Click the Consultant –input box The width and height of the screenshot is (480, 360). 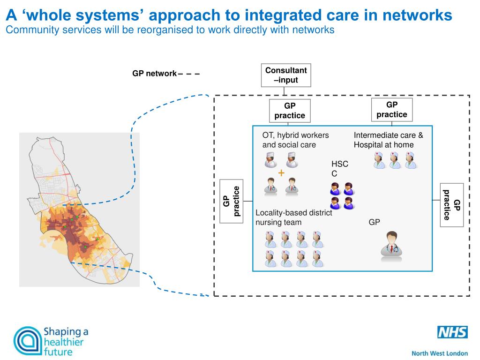coord(286,75)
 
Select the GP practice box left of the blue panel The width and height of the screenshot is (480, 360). coord(231,201)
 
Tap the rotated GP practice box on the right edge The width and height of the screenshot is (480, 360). coord(452,205)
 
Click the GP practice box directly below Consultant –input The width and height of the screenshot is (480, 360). coord(290,111)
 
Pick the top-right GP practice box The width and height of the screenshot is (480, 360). coord(392,110)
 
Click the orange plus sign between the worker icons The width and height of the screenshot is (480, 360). coord(281,173)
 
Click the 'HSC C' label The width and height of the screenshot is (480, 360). coord(339,169)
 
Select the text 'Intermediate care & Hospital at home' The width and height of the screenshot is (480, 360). coord(388,140)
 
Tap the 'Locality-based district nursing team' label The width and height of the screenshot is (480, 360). coord(293,217)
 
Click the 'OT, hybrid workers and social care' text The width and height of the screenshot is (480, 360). coord(295,140)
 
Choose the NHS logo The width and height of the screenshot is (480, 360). coord(452,333)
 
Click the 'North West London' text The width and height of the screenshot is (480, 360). coord(439,353)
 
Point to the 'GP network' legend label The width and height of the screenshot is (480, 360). coord(154,74)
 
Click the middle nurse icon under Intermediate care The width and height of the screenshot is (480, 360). coord(395,160)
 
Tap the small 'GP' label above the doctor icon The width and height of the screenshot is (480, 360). coord(374,222)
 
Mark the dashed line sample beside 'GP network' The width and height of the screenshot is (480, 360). coord(189,74)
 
